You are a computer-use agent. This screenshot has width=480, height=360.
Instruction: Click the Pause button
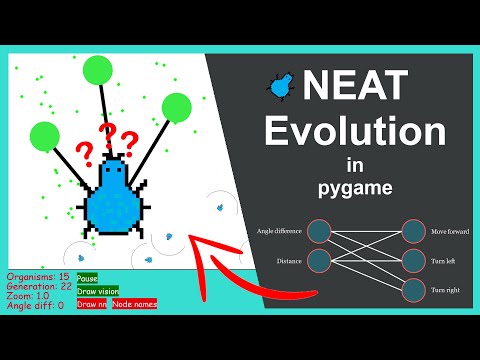(87, 277)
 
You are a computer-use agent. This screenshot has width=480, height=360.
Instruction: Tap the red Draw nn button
(92, 302)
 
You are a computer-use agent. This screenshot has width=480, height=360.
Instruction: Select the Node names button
(134, 302)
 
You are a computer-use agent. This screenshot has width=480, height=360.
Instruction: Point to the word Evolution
(362, 133)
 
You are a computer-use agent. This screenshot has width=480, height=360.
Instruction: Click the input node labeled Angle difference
(319, 231)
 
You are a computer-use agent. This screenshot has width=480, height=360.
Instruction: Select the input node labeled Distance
(319, 261)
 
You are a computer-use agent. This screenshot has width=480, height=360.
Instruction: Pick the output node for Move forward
(414, 231)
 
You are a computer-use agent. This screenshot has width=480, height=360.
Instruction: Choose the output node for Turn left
(414, 261)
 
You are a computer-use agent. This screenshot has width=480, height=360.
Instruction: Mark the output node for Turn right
(414, 291)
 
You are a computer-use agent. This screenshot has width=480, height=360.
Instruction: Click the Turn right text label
(447, 291)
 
